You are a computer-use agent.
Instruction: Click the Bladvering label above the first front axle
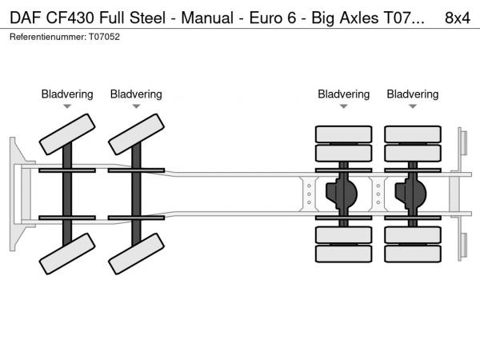click(x=67, y=94)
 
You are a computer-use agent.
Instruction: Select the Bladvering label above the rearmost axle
click(x=413, y=94)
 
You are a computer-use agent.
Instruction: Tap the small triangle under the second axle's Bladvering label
click(x=136, y=106)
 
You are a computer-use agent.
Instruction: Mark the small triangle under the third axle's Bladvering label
click(x=344, y=106)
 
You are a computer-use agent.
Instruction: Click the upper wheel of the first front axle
click(x=67, y=134)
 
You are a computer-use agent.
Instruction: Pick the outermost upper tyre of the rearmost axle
click(x=413, y=134)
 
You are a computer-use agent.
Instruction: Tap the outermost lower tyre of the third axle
click(x=344, y=254)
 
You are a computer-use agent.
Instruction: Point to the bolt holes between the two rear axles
click(x=378, y=194)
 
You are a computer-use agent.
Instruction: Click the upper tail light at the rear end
click(x=462, y=142)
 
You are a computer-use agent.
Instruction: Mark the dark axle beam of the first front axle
click(x=67, y=194)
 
